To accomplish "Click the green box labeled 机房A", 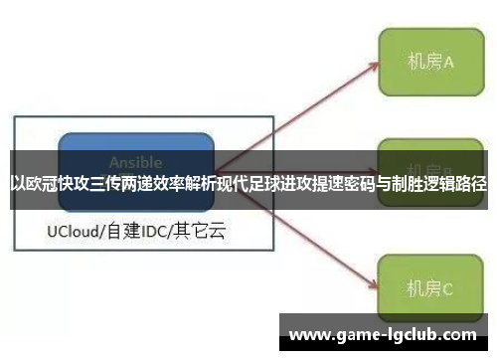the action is click(428, 62).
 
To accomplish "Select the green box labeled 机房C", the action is click(428, 289).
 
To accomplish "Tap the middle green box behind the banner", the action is click(428, 159).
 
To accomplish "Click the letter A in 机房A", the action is click(448, 62).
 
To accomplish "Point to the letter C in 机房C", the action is click(448, 289).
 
